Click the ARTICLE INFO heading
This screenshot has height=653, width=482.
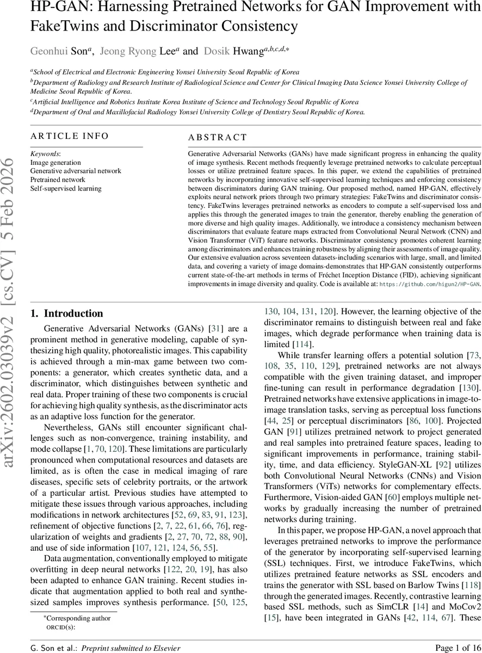[70, 136]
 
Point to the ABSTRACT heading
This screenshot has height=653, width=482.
[218, 138]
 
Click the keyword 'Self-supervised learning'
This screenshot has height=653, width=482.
[66, 188]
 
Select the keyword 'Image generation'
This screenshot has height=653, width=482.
[55, 162]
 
